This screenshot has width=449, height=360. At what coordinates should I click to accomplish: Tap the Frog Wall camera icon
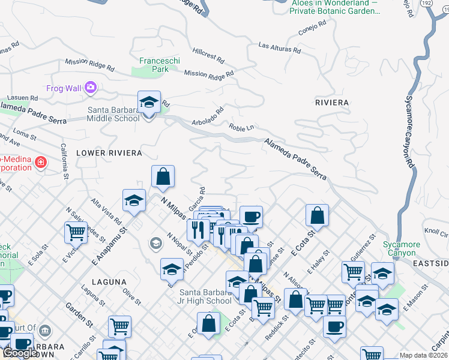[91, 88]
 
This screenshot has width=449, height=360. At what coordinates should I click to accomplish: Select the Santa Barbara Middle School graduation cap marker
[149, 103]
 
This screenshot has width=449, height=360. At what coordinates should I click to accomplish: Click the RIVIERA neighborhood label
[332, 103]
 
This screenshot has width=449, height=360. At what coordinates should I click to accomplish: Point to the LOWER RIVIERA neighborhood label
[109, 154]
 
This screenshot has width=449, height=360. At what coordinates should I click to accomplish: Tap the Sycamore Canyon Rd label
[409, 131]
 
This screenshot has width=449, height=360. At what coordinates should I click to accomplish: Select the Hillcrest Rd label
[208, 56]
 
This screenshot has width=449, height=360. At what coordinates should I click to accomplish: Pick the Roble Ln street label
[241, 127]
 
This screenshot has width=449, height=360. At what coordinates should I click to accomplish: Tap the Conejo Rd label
[312, 27]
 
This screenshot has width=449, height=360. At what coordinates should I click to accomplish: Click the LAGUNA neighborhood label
[109, 281]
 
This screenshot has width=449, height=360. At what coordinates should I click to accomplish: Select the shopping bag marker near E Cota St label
[317, 217]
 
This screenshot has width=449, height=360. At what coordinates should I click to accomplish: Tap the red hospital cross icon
[41, 163]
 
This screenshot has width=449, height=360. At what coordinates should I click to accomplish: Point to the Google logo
[19, 353]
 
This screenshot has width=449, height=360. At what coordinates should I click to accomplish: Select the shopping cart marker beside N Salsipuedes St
[76, 233]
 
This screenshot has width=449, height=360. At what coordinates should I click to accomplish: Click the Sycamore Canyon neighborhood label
[402, 248]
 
